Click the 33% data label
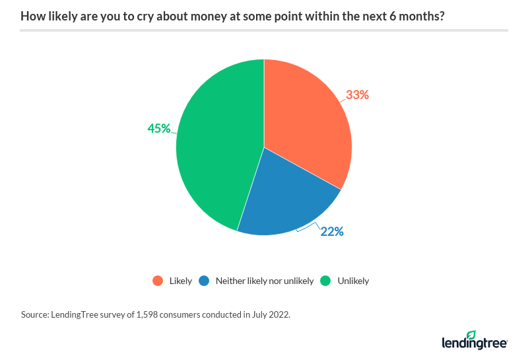coord(357,94)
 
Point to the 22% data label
coord(332,232)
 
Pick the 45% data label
coord(159,128)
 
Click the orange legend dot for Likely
coord(157,281)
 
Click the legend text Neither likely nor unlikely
coord(265,281)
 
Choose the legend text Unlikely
coord(353,281)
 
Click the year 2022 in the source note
coord(278,315)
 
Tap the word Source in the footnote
coord(34,315)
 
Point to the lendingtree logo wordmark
coord(473,343)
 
